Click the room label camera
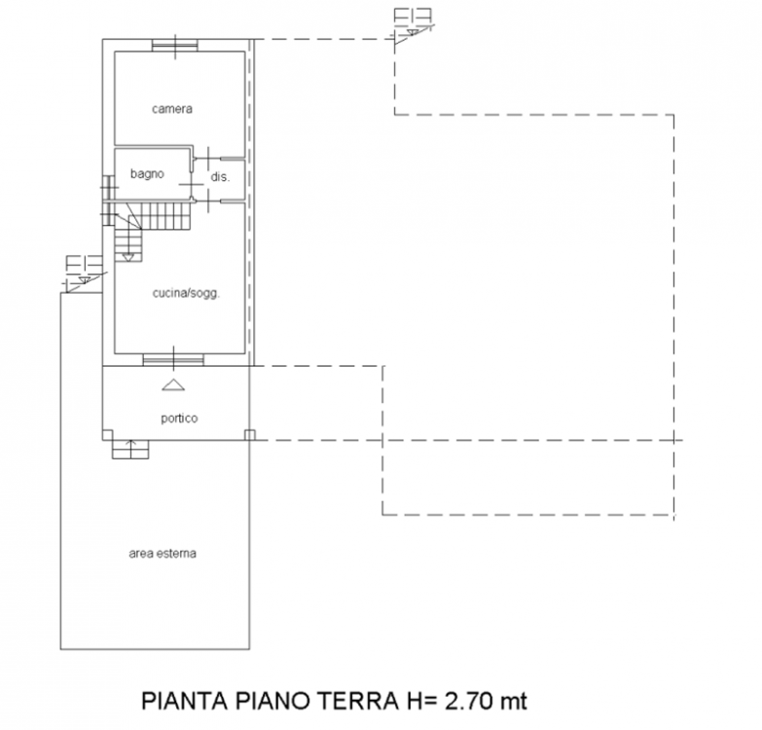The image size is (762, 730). pyautogui.click(x=172, y=109)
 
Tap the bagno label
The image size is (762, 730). pyautogui.click(x=147, y=174)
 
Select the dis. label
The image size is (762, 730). pyautogui.click(x=220, y=177)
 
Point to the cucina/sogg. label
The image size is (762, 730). pyautogui.click(x=186, y=293)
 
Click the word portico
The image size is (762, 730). pyautogui.click(x=179, y=418)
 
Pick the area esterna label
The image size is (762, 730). pyautogui.click(x=163, y=554)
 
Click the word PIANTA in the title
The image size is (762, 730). pyautogui.click(x=185, y=701)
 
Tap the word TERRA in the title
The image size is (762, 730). pyautogui.click(x=358, y=701)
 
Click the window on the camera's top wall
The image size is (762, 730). pyautogui.click(x=175, y=46)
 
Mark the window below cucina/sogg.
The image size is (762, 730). pyautogui.click(x=173, y=360)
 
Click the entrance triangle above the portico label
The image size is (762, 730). pyautogui.click(x=173, y=384)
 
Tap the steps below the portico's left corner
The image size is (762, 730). pyautogui.click(x=130, y=450)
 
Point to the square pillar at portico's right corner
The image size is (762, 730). pyautogui.click(x=250, y=435)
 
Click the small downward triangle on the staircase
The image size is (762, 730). pyautogui.click(x=128, y=257)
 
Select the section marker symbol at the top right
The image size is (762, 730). pyautogui.click(x=413, y=25)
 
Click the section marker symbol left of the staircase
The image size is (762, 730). pyautogui.click(x=85, y=274)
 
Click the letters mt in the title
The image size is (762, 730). pyautogui.click(x=513, y=702)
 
